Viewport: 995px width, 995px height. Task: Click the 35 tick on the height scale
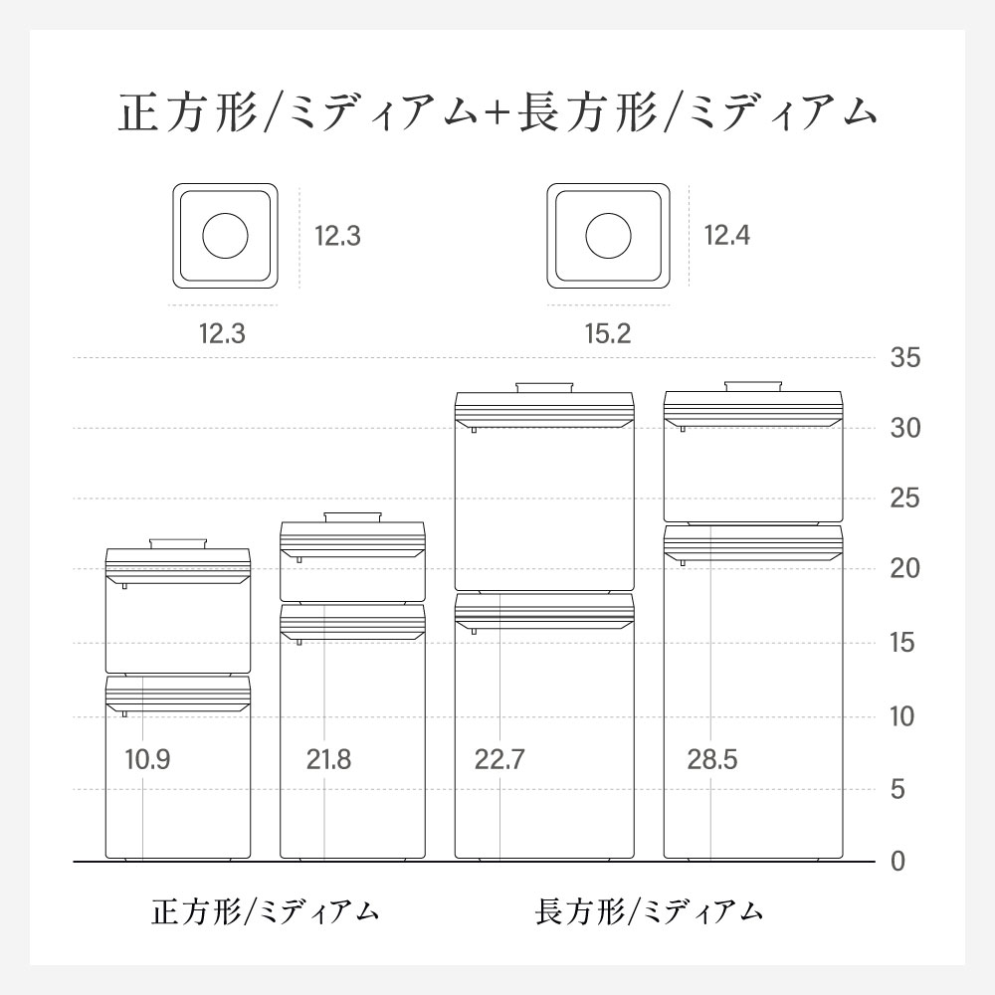[x=904, y=358]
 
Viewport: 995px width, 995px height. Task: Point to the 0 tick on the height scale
[x=897, y=862]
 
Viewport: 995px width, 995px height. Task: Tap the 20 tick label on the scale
[x=904, y=568]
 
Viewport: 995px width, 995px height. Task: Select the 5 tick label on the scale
[x=897, y=789]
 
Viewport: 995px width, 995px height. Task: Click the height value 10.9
[x=147, y=759]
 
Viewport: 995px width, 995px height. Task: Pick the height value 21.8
[x=328, y=759]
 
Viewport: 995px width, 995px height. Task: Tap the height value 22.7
[x=499, y=759]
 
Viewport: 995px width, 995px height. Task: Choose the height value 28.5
[x=712, y=759]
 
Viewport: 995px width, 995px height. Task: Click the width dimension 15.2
[x=608, y=333]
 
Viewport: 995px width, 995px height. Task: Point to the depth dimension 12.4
[x=727, y=236]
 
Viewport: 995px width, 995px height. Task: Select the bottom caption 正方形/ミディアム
[x=265, y=911]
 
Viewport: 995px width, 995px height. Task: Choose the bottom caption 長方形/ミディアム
[x=649, y=911]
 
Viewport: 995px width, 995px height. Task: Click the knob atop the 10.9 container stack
[x=178, y=544]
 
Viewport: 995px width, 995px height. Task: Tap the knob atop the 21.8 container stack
[x=352, y=517]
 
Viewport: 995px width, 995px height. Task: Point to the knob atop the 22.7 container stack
[x=544, y=388]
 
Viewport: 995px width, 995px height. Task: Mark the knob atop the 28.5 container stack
[x=753, y=386]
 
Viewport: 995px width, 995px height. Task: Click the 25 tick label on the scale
[x=904, y=498]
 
